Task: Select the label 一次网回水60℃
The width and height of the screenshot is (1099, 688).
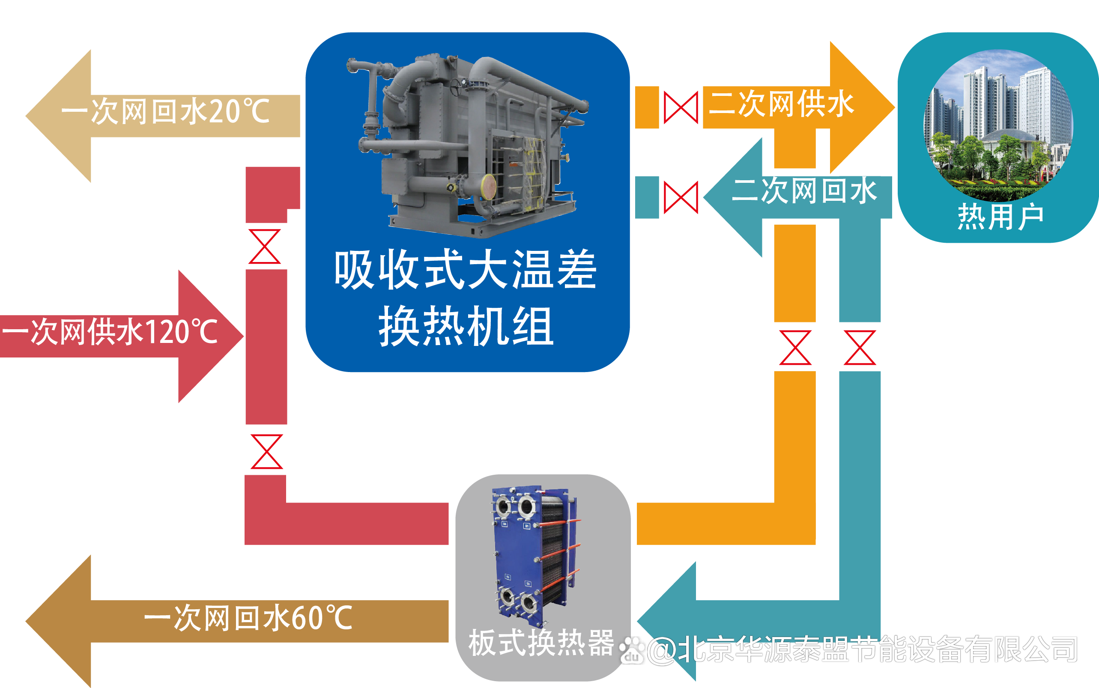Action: tap(248, 618)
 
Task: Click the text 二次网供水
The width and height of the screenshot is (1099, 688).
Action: tap(781, 104)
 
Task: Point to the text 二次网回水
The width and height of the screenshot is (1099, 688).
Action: tap(803, 191)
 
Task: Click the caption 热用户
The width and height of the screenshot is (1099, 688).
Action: tap(1000, 217)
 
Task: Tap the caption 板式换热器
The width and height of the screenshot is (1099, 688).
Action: tap(541, 643)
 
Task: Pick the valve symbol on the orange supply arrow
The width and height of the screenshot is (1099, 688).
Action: tap(681, 107)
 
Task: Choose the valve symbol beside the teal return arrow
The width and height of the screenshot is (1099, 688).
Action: tap(681, 197)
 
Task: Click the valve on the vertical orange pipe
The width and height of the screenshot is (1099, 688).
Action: tap(795, 348)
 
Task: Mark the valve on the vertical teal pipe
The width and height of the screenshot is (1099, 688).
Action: tap(860, 348)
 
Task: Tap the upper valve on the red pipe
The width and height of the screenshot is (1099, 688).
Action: tap(265, 247)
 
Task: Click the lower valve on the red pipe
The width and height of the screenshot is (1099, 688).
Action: tap(267, 451)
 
